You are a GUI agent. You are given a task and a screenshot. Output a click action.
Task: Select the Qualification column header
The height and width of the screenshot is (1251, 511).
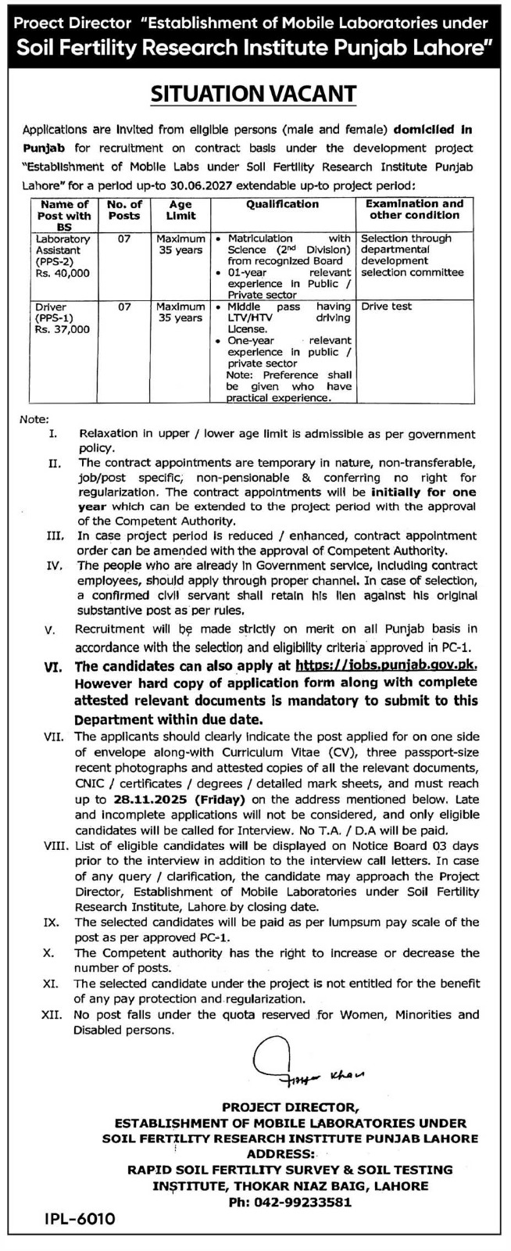pos(283,204)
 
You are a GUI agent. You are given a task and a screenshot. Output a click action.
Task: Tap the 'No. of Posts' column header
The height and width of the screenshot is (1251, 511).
pos(124,210)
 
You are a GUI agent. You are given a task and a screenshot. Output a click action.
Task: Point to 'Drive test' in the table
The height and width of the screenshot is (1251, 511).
pos(386,307)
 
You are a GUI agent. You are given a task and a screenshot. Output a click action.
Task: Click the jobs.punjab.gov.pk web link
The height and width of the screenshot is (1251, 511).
pos(386,666)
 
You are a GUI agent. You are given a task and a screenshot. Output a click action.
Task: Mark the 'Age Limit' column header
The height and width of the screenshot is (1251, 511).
pos(180,210)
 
